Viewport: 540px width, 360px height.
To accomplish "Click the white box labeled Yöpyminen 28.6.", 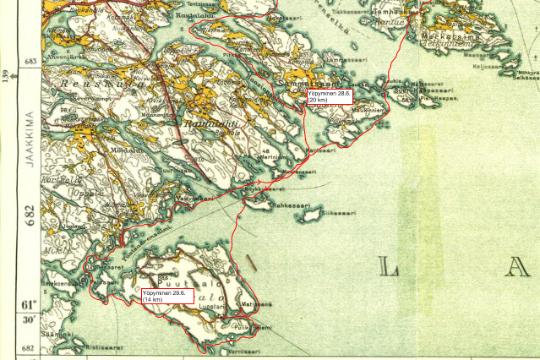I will pos(328,96).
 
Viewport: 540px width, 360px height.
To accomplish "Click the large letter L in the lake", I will pos(390,269).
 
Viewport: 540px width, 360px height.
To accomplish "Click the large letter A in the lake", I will pos(515,269).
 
